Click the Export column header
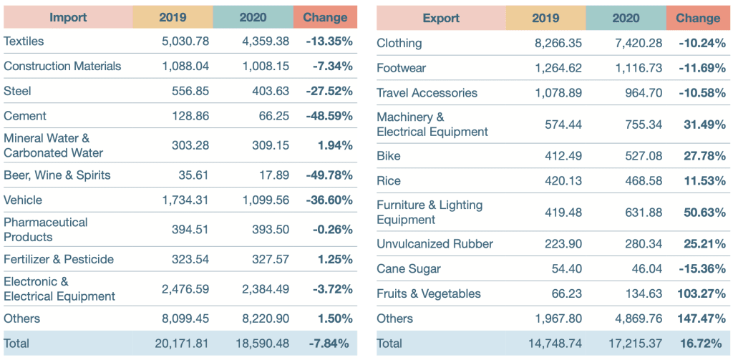coord(441,18)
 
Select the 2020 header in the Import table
coord(253,17)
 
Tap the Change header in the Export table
coord(697,18)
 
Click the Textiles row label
coord(24,42)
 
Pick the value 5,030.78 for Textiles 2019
coord(185,42)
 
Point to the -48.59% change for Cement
coord(329,116)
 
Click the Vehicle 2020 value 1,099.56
coord(263,200)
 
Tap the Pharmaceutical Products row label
coord(46,230)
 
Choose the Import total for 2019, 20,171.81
coord(182,344)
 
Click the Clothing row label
coord(399,43)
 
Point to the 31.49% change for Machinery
coord(704,125)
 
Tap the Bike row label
coord(389,156)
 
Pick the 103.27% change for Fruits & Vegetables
coord(701,293)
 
